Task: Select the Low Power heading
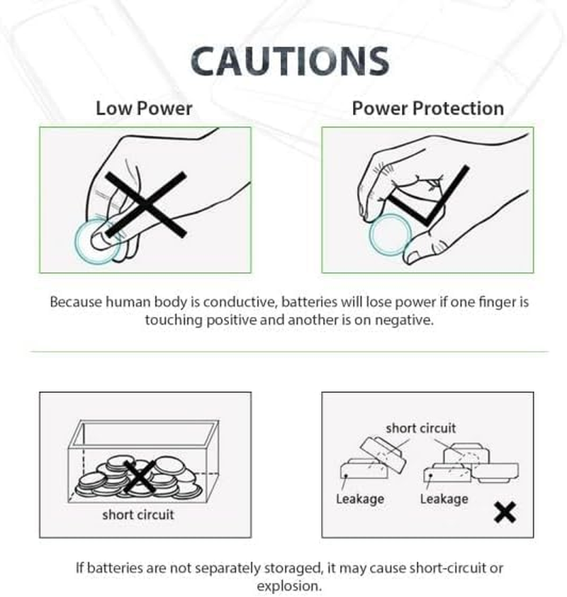pyautogui.click(x=144, y=108)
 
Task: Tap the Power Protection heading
pyautogui.click(x=427, y=108)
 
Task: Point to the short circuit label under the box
pyautogui.click(x=137, y=514)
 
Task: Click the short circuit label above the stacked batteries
pyautogui.click(x=420, y=428)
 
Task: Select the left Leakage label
pyautogui.click(x=359, y=498)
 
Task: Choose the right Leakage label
pyautogui.click(x=444, y=498)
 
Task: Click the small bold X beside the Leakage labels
pyautogui.click(x=505, y=512)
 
